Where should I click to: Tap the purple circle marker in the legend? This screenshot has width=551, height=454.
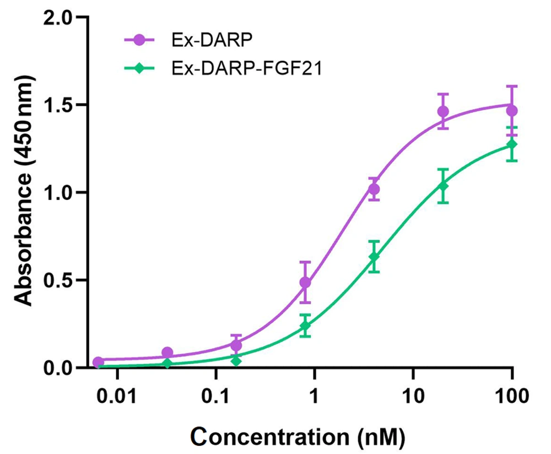coord(139,40)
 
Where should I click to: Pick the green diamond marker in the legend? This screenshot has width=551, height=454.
coord(139,68)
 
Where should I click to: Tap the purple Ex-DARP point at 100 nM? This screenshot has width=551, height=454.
coord(512,111)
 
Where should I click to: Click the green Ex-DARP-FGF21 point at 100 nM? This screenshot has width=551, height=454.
coord(512,144)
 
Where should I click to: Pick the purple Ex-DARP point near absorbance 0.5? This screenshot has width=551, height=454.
coord(305,283)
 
